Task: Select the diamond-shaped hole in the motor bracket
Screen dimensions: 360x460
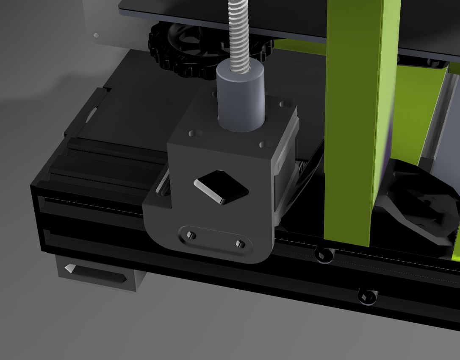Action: click(222, 187)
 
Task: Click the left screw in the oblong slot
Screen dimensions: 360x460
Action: click(190, 234)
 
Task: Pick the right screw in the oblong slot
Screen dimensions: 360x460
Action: click(239, 243)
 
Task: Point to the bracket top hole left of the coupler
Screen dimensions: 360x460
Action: click(195, 134)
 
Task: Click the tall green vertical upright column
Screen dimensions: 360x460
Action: click(356, 119)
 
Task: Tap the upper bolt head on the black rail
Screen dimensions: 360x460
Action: click(324, 254)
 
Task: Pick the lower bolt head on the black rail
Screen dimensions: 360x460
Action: click(367, 296)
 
